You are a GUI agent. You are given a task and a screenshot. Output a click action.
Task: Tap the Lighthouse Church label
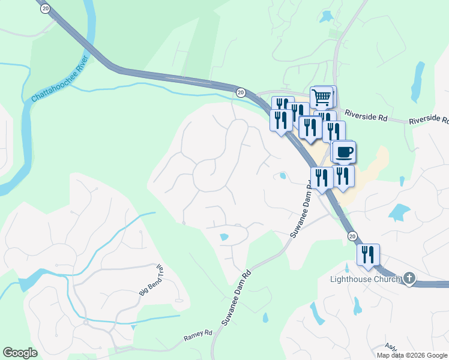(x=366, y=279)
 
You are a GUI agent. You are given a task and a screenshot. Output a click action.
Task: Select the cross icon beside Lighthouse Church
(x=409, y=278)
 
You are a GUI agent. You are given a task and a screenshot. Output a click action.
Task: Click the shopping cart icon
(x=322, y=96)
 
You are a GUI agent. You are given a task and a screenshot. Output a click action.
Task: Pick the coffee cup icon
(x=344, y=151)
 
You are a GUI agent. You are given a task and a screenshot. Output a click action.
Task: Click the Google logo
(x=20, y=353)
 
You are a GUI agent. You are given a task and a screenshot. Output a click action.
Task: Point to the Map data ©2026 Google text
(x=412, y=355)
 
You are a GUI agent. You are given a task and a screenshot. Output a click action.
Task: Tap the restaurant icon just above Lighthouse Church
(x=367, y=254)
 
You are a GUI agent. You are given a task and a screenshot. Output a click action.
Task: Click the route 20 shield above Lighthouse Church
(x=352, y=236)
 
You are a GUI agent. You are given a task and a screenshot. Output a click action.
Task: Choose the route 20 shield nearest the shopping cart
(x=241, y=92)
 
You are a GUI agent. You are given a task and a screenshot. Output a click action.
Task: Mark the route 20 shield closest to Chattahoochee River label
(x=46, y=8)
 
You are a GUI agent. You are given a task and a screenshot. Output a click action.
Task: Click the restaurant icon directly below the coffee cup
(x=342, y=176)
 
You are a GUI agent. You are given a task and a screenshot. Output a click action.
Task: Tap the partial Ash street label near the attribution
(x=391, y=347)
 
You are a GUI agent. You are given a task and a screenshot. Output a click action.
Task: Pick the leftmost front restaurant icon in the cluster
(x=280, y=120)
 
